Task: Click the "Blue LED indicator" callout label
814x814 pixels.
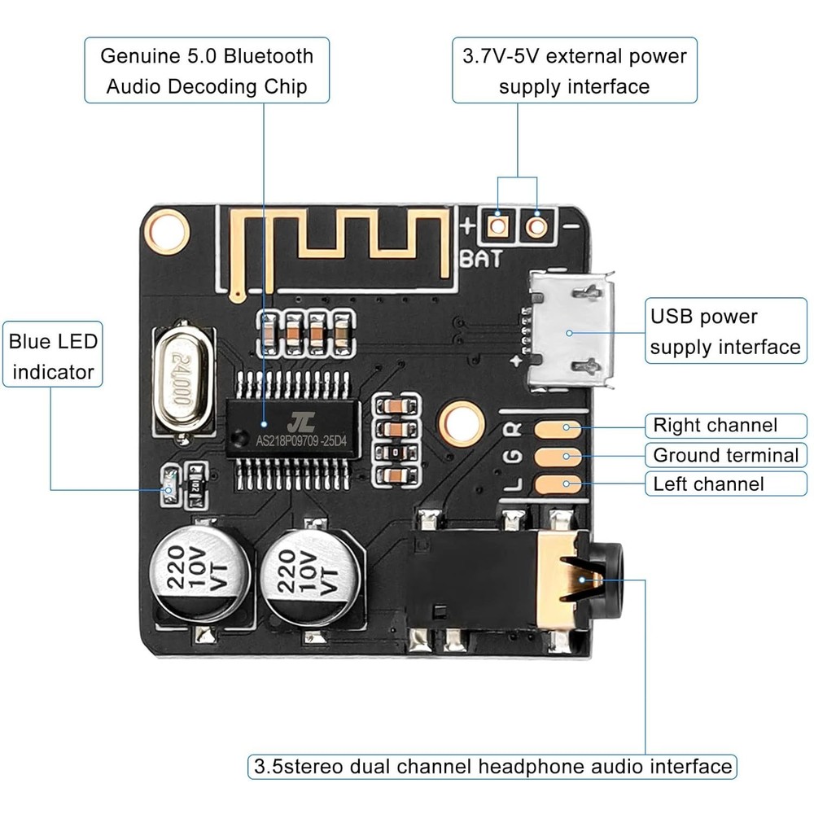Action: tap(53, 357)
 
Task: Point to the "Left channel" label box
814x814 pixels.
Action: tap(708, 484)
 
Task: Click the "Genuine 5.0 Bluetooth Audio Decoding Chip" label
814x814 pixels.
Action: tap(207, 71)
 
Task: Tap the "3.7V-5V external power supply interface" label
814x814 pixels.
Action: tap(575, 71)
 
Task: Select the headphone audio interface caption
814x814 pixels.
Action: tap(492, 766)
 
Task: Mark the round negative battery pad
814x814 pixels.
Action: tap(536, 224)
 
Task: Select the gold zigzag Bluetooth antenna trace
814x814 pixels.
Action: tap(342, 236)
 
